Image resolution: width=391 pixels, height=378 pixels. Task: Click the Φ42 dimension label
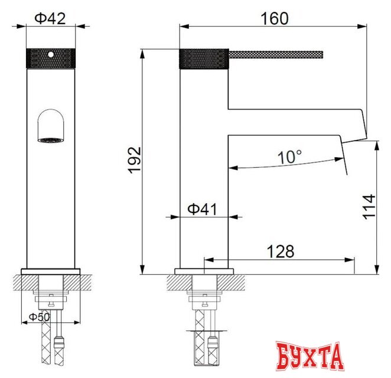(50, 18)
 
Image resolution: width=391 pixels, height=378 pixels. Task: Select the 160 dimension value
(274, 18)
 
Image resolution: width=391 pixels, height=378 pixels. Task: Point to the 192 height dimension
(135, 160)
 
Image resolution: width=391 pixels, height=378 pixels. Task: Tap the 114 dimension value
(369, 207)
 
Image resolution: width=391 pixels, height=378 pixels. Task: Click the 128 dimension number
(281, 251)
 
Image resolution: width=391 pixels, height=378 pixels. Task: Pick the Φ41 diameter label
(202, 209)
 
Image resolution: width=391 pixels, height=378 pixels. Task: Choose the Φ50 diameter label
(40, 317)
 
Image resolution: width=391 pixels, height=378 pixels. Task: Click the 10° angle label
(290, 157)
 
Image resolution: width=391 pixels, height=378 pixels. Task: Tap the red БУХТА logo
(310, 356)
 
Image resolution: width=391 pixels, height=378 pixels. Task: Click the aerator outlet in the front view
(51, 140)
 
